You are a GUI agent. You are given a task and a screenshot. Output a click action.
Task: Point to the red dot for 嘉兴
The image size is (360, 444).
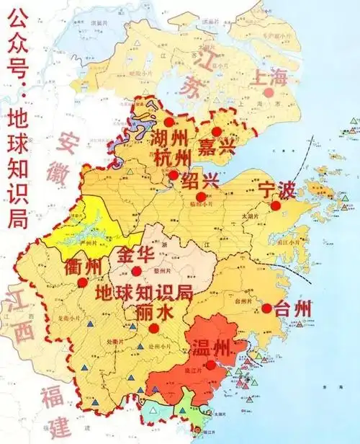pyautogui.click(x=217, y=130)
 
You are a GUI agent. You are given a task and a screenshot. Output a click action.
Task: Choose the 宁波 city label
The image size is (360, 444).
pyautogui.click(x=276, y=190)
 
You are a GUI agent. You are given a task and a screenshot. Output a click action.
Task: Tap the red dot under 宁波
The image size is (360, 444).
pyautogui.click(x=275, y=206)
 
